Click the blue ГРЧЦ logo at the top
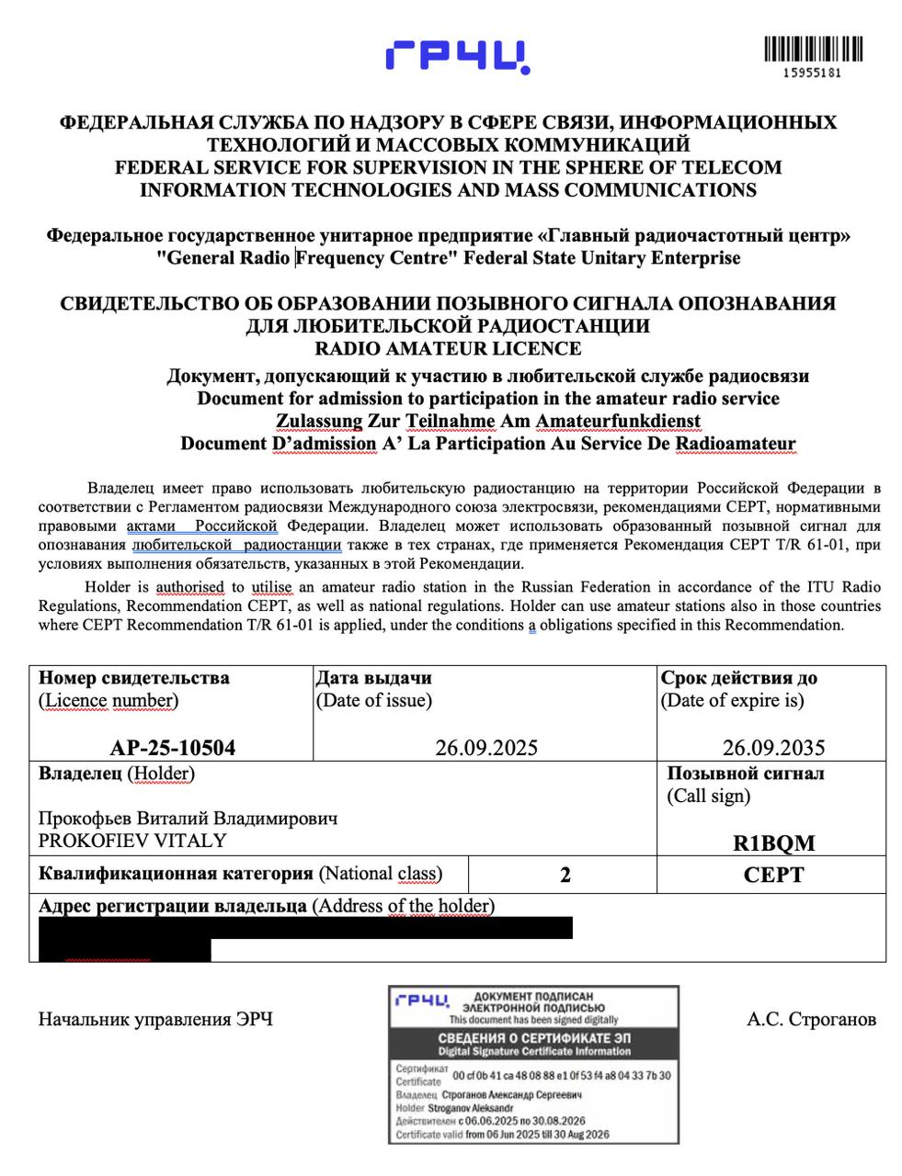[457, 56]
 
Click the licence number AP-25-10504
[172, 748]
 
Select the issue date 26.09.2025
[486, 748]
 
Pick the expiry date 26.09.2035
[773, 748]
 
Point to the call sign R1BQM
[773, 842]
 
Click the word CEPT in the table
[773, 875]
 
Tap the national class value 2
[565, 875]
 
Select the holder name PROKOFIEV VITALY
[132, 841]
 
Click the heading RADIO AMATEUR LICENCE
[448, 348]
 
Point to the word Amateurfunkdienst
[618, 421]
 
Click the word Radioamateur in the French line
[735, 444]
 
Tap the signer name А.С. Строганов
[812, 1019]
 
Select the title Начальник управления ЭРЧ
[155, 1019]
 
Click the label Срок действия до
[738, 678]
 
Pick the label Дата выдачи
[373, 678]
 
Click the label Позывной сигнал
[745, 774]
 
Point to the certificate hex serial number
[562, 1075]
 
